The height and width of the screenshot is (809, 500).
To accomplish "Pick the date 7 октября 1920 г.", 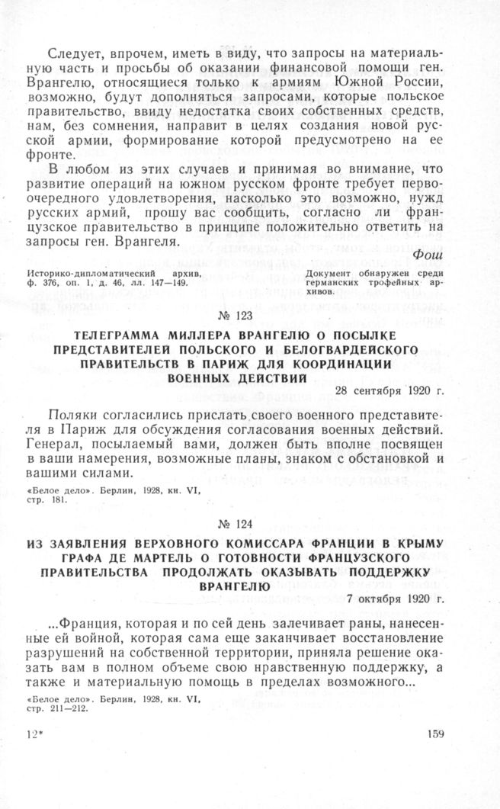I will [x=399, y=601].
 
